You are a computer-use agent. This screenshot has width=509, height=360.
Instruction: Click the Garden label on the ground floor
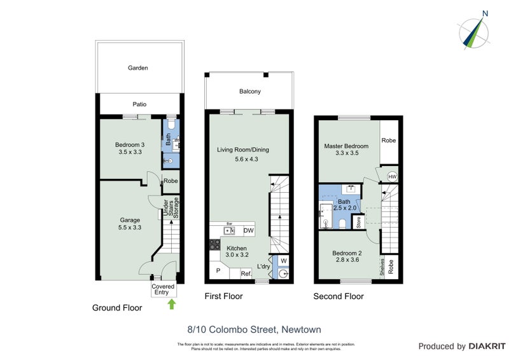(137, 67)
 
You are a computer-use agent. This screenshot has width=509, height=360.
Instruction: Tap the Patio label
(139, 104)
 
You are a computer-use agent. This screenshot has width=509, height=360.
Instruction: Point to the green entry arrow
(171, 304)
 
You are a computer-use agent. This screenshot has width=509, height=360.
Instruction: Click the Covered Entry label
(163, 289)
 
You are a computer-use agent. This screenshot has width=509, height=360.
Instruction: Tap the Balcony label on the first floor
(249, 92)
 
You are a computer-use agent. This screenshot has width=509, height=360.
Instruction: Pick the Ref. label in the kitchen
(245, 274)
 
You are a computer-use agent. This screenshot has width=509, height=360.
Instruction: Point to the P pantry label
(218, 271)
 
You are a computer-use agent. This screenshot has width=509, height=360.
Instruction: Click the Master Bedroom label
(345, 146)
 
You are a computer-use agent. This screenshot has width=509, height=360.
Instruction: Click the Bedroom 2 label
(347, 253)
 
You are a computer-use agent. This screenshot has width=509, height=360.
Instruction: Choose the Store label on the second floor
(359, 223)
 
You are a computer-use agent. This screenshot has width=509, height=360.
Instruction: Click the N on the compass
(485, 13)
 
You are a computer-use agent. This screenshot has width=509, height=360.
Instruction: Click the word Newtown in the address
(300, 329)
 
